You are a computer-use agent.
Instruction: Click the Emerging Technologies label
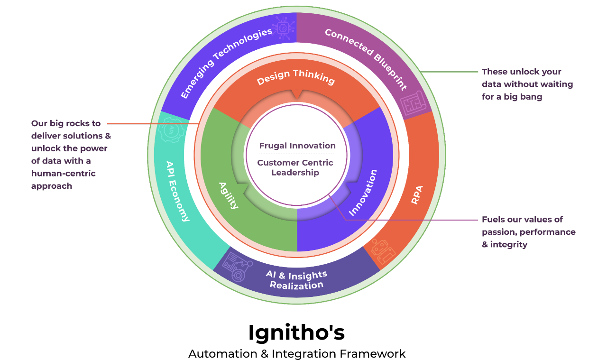click(226, 63)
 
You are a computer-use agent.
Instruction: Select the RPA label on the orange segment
click(417, 195)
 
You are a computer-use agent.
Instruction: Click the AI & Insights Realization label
click(296, 280)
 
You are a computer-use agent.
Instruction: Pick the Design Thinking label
click(296, 77)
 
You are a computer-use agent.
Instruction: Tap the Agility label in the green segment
click(228, 195)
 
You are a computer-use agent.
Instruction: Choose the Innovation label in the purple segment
click(363, 192)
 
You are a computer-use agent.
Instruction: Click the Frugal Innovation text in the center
click(297, 146)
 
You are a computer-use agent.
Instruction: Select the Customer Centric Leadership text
click(295, 167)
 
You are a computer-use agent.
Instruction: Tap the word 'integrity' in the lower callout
click(509, 245)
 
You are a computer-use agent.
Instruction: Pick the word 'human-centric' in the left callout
click(64, 174)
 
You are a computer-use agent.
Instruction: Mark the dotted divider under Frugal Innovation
click(297, 154)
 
